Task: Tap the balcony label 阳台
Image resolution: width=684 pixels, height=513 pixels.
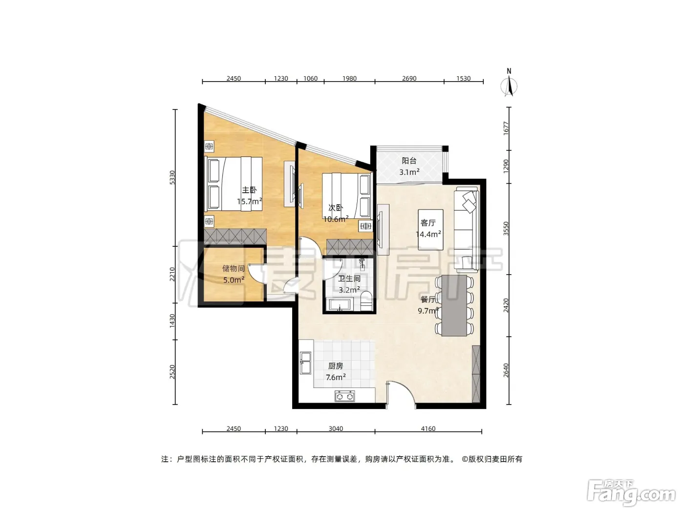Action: pos(409,161)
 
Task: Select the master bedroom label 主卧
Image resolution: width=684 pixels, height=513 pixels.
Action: pos(249,190)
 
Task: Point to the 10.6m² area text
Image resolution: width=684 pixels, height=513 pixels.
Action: pos(336,219)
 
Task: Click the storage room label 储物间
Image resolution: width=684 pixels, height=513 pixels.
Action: pos(233,269)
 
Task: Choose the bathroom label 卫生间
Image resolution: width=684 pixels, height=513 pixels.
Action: pos(349,278)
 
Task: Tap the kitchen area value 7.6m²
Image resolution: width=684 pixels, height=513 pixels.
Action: pos(336,377)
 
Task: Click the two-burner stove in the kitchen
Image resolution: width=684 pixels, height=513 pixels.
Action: pos(344,396)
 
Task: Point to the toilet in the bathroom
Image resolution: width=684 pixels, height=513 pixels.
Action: pos(366,301)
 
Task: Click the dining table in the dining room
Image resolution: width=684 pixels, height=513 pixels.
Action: pos(454,305)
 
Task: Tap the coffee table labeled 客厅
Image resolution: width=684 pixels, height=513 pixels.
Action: pos(430,230)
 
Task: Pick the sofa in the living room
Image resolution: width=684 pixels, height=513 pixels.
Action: pos(466,230)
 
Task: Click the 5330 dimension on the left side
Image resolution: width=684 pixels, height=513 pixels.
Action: pos(172,177)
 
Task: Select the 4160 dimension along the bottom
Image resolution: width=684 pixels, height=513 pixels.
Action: pos(428,428)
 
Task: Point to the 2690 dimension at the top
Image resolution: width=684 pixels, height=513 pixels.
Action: pos(409,79)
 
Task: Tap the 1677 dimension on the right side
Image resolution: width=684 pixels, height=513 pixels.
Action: pos(506,128)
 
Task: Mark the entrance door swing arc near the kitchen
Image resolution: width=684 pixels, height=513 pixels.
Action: pos(406,388)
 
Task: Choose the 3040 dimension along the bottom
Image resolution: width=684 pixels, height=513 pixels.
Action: pos(336,428)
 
